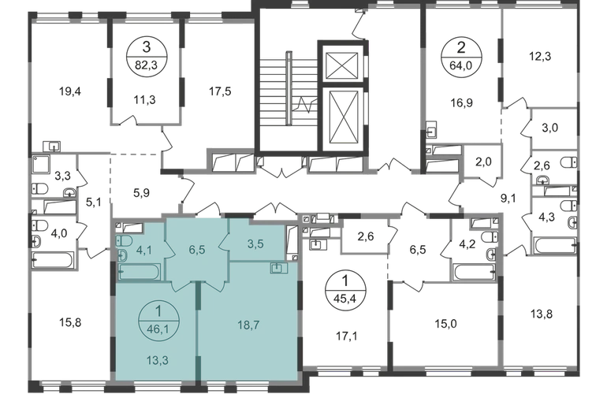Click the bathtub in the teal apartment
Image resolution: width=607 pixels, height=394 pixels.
(139, 272)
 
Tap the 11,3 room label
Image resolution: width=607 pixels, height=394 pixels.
(144, 99)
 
